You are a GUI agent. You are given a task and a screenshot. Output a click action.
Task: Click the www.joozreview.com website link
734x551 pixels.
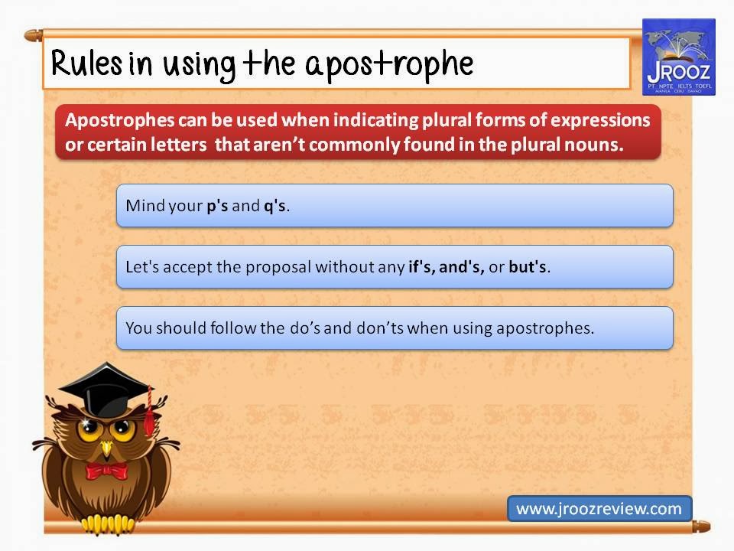point(599,508)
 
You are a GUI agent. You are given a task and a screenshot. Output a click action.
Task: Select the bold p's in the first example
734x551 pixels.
point(217,206)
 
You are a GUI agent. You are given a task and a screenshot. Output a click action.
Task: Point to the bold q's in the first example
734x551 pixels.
point(274,206)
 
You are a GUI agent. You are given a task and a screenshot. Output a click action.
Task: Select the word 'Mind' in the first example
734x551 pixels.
point(142,206)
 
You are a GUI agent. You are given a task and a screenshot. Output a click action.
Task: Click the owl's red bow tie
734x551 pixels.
point(106,469)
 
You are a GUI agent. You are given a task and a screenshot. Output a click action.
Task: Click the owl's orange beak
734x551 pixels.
point(106,444)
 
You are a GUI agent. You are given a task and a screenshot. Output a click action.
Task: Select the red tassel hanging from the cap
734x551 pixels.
point(149,413)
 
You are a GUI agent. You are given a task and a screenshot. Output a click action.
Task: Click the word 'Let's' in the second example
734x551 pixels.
point(141,267)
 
